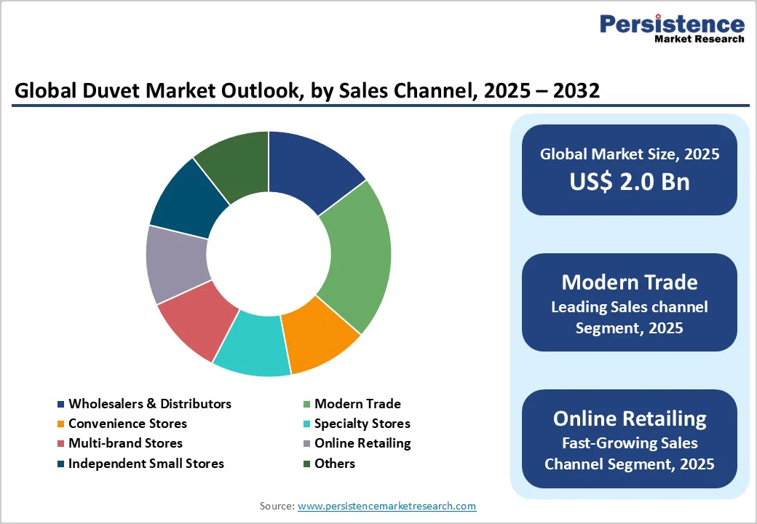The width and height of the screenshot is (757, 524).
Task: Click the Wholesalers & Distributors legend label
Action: pyautogui.click(x=150, y=404)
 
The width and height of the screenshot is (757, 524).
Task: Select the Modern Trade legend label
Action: pyautogui.click(x=357, y=404)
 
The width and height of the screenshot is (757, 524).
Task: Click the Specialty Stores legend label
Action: pyautogui.click(x=362, y=424)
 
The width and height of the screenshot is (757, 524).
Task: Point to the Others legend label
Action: pyautogui.click(x=335, y=464)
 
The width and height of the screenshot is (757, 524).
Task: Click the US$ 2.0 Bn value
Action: pyautogui.click(x=630, y=181)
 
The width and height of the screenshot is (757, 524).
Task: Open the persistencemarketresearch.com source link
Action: pyautogui.click(x=387, y=506)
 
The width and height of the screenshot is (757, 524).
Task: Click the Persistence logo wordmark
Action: pyautogui.click(x=672, y=24)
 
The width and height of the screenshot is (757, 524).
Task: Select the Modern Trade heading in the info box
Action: pyautogui.click(x=630, y=282)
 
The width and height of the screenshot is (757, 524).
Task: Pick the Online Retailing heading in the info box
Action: pyautogui.click(x=630, y=418)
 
